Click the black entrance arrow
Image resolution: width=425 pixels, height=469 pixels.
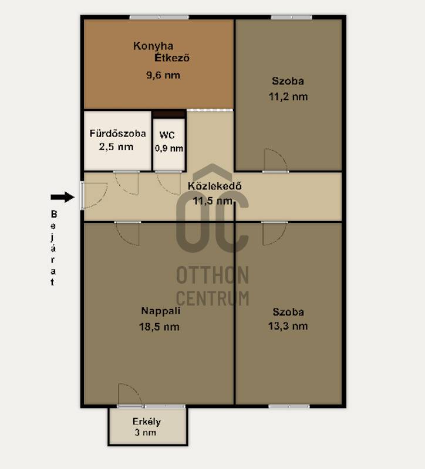tap(63, 197)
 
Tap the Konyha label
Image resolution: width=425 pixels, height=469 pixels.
tap(153, 46)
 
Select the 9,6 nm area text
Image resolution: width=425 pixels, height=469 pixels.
tap(163, 75)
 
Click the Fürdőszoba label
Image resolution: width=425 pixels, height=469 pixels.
tap(118, 133)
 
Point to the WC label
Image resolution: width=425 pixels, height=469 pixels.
tap(167, 135)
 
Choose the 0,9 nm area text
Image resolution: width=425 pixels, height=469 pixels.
tap(169, 148)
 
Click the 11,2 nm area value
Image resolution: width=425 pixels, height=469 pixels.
tap(288, 97)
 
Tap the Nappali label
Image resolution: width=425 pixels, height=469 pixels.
tap(160, 311)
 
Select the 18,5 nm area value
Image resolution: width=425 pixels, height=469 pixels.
tap(159, 327)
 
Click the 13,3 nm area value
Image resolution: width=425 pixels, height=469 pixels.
tap(288, 326)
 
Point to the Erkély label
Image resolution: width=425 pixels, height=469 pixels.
tap(147, 422)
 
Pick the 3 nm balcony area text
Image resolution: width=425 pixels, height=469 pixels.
tap(145, 433)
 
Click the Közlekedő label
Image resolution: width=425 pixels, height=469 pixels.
tap(214, 186)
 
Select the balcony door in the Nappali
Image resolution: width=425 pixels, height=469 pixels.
tap(130, 395)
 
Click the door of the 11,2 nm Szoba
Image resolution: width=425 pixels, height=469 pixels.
tap(275, 161)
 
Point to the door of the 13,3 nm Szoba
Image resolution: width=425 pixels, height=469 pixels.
tap(274, 234)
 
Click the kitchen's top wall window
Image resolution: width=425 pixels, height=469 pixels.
tap(159, 18)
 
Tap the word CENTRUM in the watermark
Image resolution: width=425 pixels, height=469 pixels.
tap(212, 298)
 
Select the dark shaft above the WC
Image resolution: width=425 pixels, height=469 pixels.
tap(169, 114)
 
